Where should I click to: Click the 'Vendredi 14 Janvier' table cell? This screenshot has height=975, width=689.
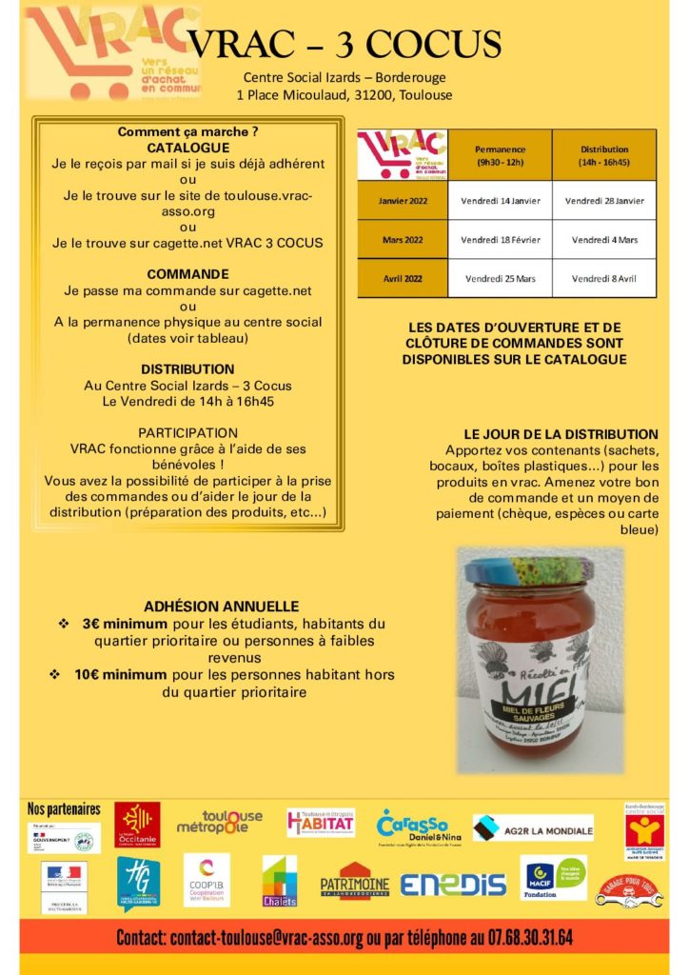(x=500, y=201)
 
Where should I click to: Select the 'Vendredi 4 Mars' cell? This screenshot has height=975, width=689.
(x=604, y=240)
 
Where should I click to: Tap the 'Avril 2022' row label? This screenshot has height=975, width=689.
(x=402, y=278)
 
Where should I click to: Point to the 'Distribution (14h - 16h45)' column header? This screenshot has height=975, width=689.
(x=604, y=156)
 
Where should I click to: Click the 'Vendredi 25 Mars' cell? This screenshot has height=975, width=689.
(x=500, y=278)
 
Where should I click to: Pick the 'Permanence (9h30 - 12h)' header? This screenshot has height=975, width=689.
(x=500, y=156)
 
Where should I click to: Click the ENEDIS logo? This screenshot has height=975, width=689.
(x=453, y=884)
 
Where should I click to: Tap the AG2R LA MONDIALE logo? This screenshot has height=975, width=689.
(x=533, y=828)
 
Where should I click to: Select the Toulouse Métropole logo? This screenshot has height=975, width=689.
(x=220, y=823)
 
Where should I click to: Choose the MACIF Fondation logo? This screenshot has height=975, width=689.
(x=553, y=878)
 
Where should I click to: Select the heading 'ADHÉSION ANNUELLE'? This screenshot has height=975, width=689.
(x=222, y=607)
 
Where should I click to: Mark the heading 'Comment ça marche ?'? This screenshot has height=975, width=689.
(x=187, y=131)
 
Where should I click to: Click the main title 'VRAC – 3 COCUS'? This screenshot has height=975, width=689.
(x=344, y=44)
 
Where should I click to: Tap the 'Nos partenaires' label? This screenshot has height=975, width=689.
(x=65, y=808)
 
